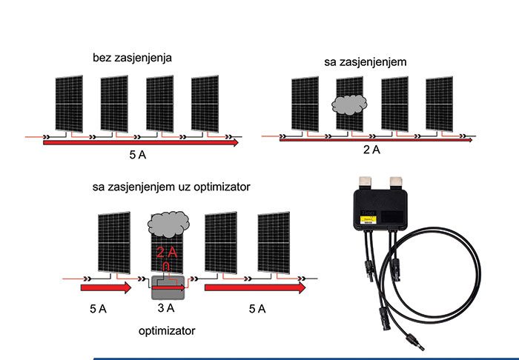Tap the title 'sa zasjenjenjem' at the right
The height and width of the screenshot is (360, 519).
coord(364,63)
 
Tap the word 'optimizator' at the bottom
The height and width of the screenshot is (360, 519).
coord(168,330)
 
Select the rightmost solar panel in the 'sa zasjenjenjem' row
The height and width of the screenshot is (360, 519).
coord(440,104)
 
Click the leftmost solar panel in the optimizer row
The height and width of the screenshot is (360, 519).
coord(113,241)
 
